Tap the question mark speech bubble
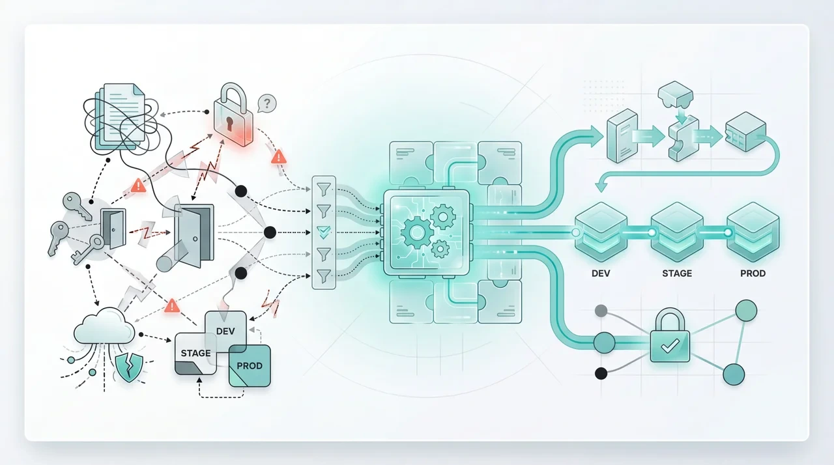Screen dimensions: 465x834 pos(266,103)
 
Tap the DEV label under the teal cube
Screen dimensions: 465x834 pos(601,274)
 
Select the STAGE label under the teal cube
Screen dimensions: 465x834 pos(677,274)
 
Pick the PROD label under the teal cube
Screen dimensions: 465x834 pos(753,274)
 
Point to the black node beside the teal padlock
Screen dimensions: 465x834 pos(601,373)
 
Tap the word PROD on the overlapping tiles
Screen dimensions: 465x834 pos(250,366)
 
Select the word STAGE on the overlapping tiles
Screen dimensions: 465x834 pos(196,354)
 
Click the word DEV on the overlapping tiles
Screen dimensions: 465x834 pos(224,331)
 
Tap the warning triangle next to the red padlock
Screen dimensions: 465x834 pos(280,156)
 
